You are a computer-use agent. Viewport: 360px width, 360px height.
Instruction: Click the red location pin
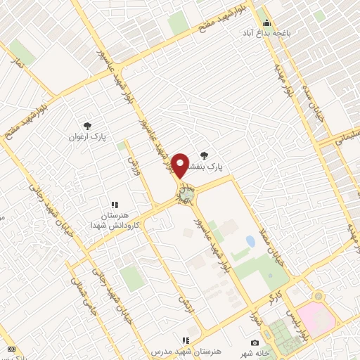point(181,165)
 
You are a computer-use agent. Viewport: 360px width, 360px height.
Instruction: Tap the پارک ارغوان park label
point(86,136)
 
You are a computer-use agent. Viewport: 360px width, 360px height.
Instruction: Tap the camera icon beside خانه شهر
point(255,342)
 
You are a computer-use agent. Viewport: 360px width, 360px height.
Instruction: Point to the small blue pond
point(250,242)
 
